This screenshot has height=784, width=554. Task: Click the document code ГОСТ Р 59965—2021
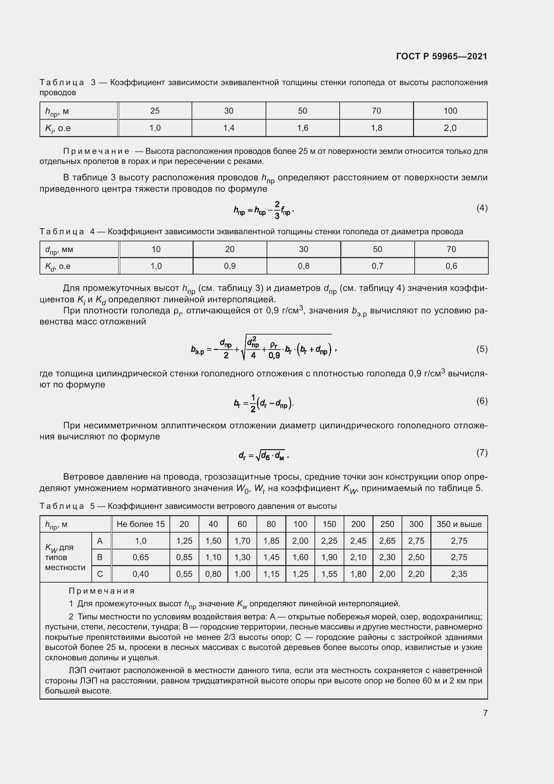(441, 56)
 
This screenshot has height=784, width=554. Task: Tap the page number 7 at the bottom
(485, 713)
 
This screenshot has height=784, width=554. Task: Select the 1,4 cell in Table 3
(228, 128)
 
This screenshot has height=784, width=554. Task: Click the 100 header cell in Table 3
(450, 111)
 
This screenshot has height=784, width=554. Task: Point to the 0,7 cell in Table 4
(377, 266)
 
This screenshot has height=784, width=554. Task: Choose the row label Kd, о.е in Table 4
(58, 266)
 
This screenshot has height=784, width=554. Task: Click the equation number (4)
(482, 208)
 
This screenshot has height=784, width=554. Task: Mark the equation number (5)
(482, 349)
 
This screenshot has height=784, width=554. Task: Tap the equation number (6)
(482, 401)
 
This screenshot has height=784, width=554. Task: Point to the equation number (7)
(482, 453)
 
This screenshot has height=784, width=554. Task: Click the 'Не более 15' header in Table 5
(141, 524)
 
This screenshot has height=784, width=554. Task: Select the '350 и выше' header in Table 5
(459, 524)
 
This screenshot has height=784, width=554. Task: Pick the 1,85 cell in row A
(271, 541)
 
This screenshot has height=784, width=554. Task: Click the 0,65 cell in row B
(141, 557)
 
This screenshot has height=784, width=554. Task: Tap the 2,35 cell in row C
(459, 574)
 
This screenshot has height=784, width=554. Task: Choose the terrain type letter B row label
(100, 557)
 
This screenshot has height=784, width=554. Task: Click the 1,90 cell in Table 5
(329, 557)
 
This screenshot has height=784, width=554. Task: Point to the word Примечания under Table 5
(102, 591)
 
